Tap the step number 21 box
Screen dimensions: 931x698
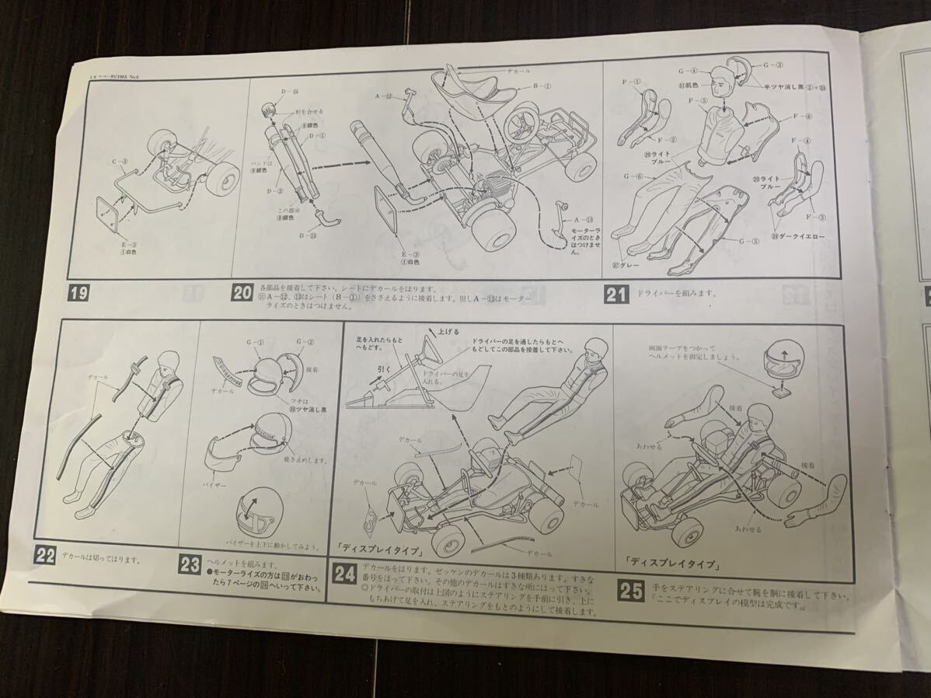[617, 295]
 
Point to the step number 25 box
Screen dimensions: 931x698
[631, 592]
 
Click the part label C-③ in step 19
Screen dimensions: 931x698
[119, 162]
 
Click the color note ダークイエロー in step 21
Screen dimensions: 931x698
[802, 236]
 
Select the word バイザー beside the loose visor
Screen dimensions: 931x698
[222, 482]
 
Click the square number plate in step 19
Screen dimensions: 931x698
[106, 211]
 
